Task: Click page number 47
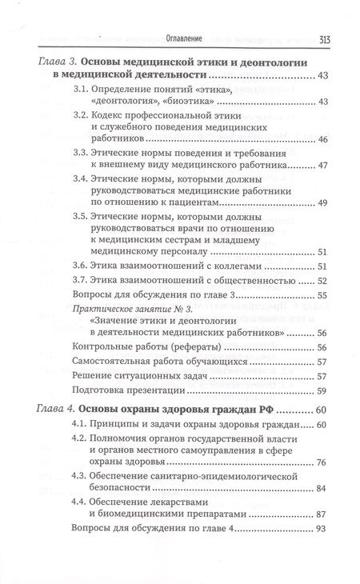pos(322,167)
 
